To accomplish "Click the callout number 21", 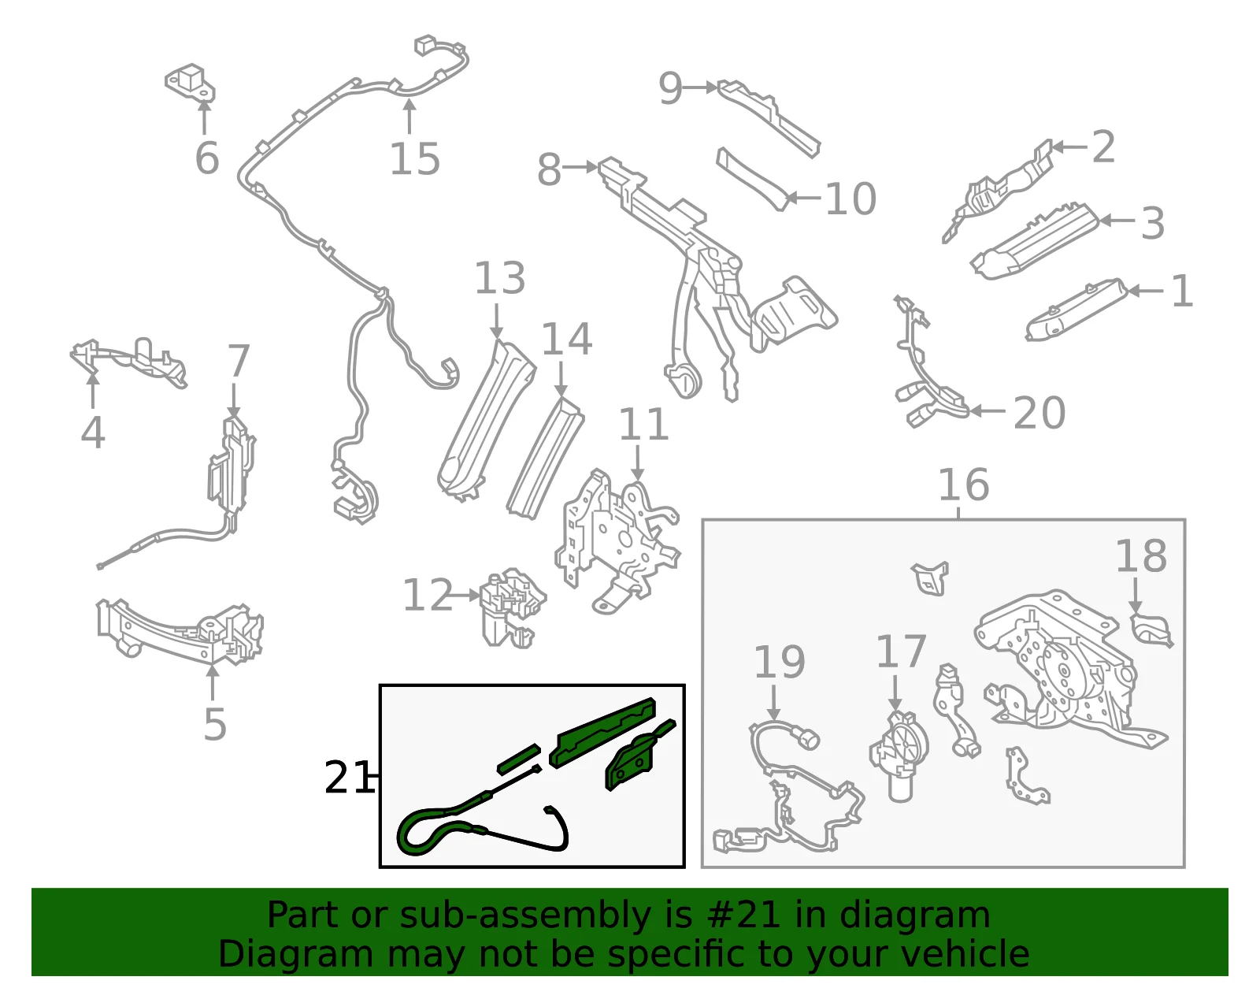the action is click(346, 778).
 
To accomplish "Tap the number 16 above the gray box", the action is click(963, 485).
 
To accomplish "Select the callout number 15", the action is click(414, 158).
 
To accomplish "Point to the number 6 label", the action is click(207, 157).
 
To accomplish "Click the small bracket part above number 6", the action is click(191, 83).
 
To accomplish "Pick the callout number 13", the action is click(500, 278).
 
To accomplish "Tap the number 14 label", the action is click(566, 339).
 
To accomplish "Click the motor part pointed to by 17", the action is click(899, 756).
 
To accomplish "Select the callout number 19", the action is click(779, 663).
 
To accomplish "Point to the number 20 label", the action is click(1039, 413).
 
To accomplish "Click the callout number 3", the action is click(1152, 223).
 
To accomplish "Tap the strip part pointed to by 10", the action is click(753, 180).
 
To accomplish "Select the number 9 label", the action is click(670, 89).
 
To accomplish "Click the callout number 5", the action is click(214, 724).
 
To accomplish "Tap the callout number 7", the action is click(239, 362).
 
